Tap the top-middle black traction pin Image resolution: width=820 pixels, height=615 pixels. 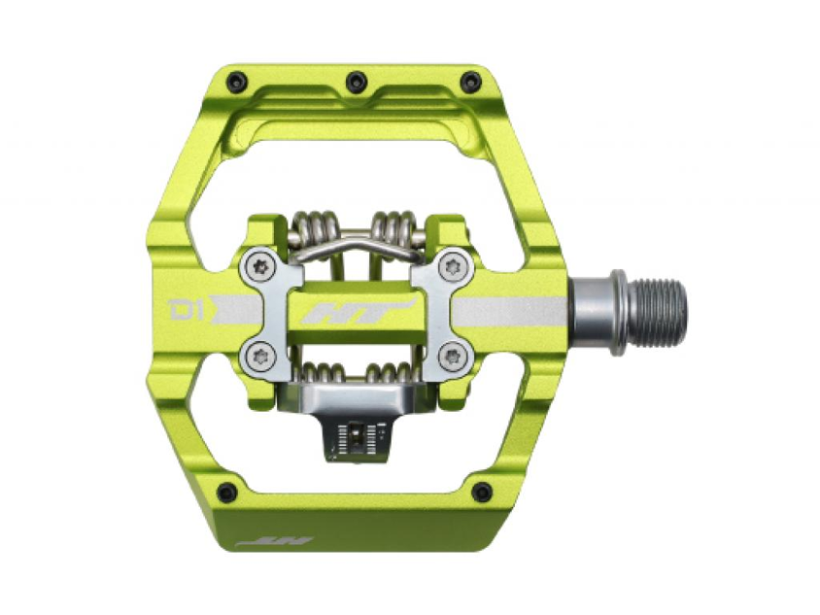(356, 81)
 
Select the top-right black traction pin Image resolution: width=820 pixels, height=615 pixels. (471, 81)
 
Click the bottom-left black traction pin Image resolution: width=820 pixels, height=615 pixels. (227, 492)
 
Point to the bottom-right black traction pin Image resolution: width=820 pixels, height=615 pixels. (482, 492)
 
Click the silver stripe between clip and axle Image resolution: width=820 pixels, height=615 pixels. (512, 312)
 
